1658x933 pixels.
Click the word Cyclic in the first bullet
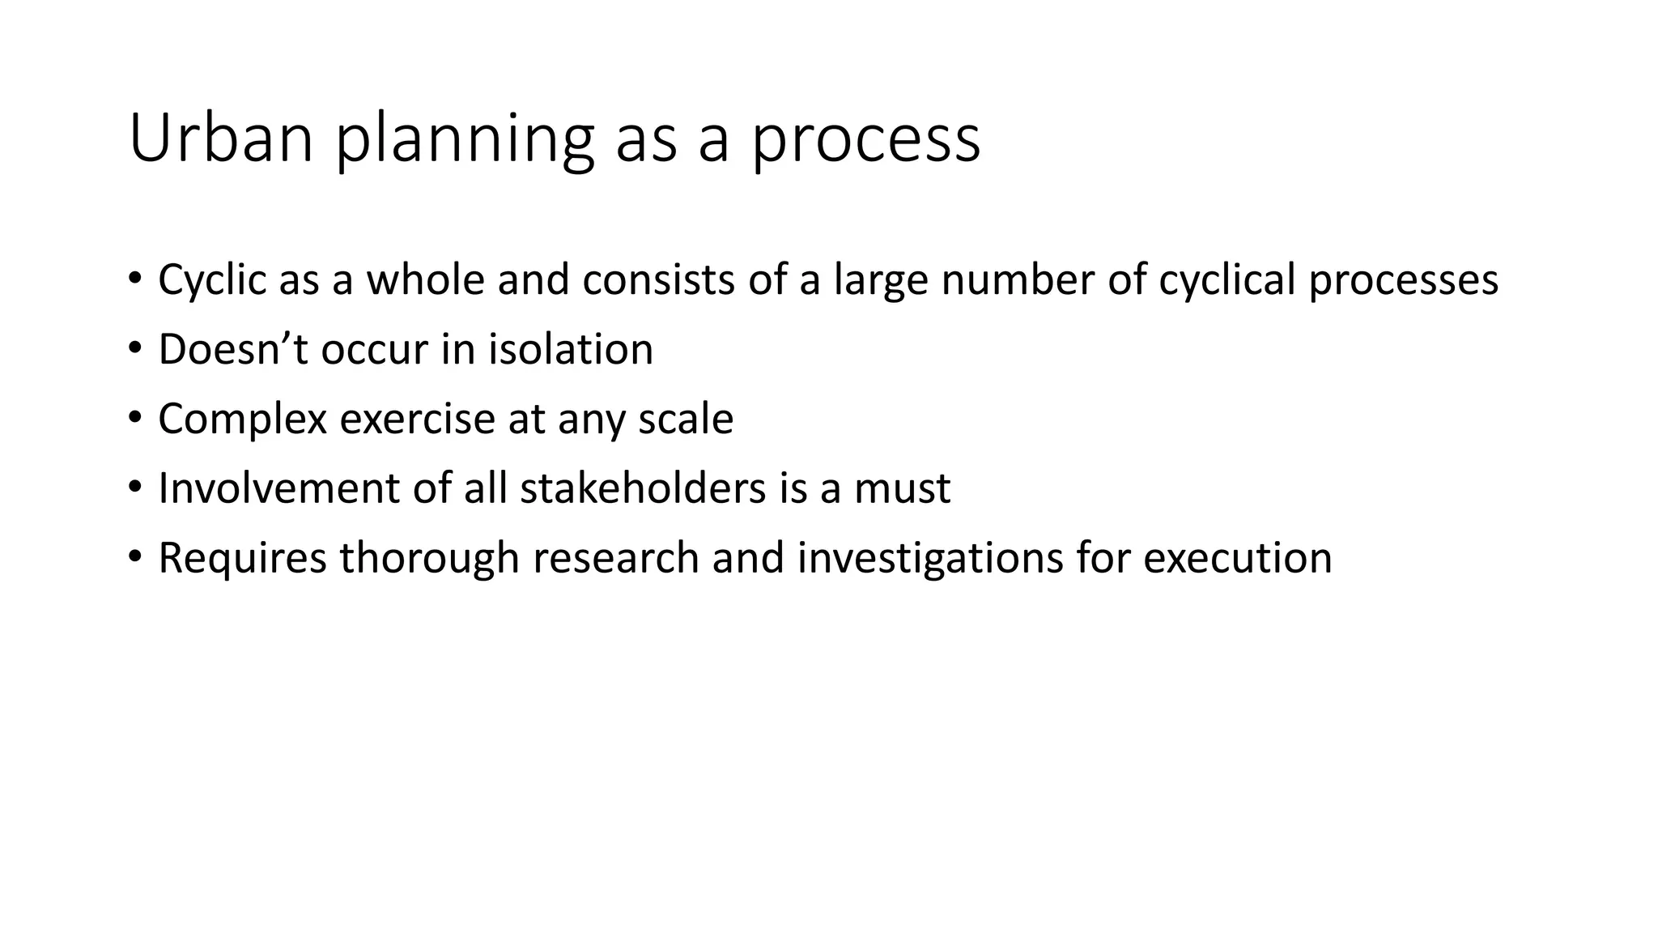[211, 280]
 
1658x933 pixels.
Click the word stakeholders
[642, 488]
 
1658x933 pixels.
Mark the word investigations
[929, 559]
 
